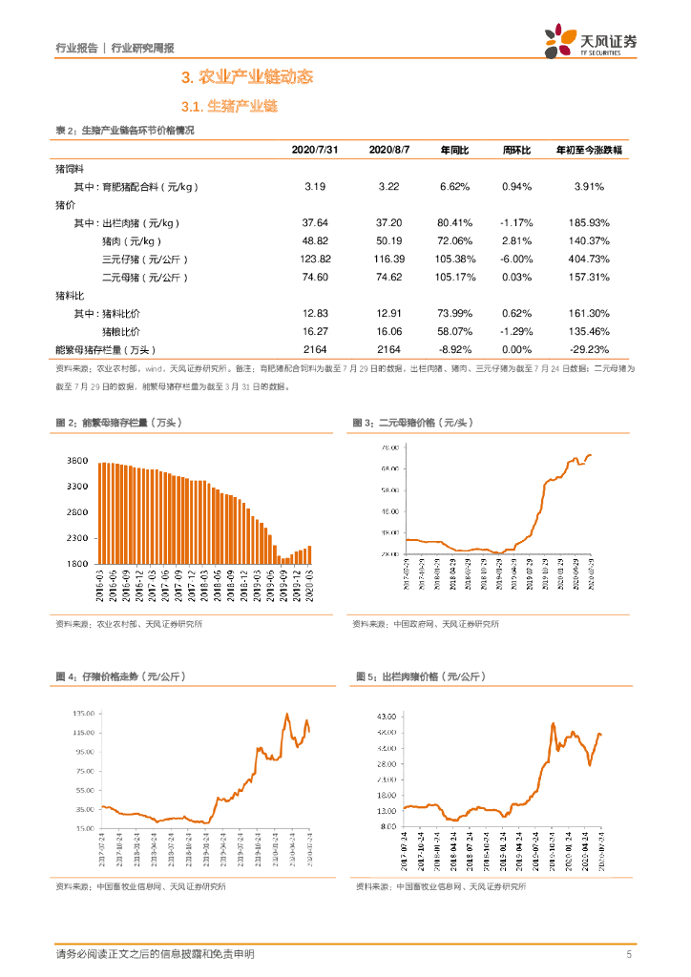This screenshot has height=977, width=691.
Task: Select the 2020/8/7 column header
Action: pyautogui.click(x=387, y=151)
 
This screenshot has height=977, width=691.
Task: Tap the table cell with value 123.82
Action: pyautogui.click(x=315, y=260)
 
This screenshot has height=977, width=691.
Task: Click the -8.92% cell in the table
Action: pyautogui.click(x=456, y=350)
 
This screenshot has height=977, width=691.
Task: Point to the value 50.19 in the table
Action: pyautogui.click(x=387, y=241)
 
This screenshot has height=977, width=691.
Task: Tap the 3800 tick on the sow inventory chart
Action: pyautogui.click(x=77, y=461)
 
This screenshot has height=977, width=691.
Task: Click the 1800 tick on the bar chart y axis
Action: pyautogui.click(x=77, y=565)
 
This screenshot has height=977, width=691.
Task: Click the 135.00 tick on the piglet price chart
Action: pyautogui.click(x=83, y=713)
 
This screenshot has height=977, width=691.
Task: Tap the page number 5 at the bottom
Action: pyautogui.click(x=629, y=954)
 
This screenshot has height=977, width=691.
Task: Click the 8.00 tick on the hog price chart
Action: pyautogui.click(x=387, y=826)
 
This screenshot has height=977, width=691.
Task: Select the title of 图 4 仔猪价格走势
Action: pyautogui.click(x=119, y=676)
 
